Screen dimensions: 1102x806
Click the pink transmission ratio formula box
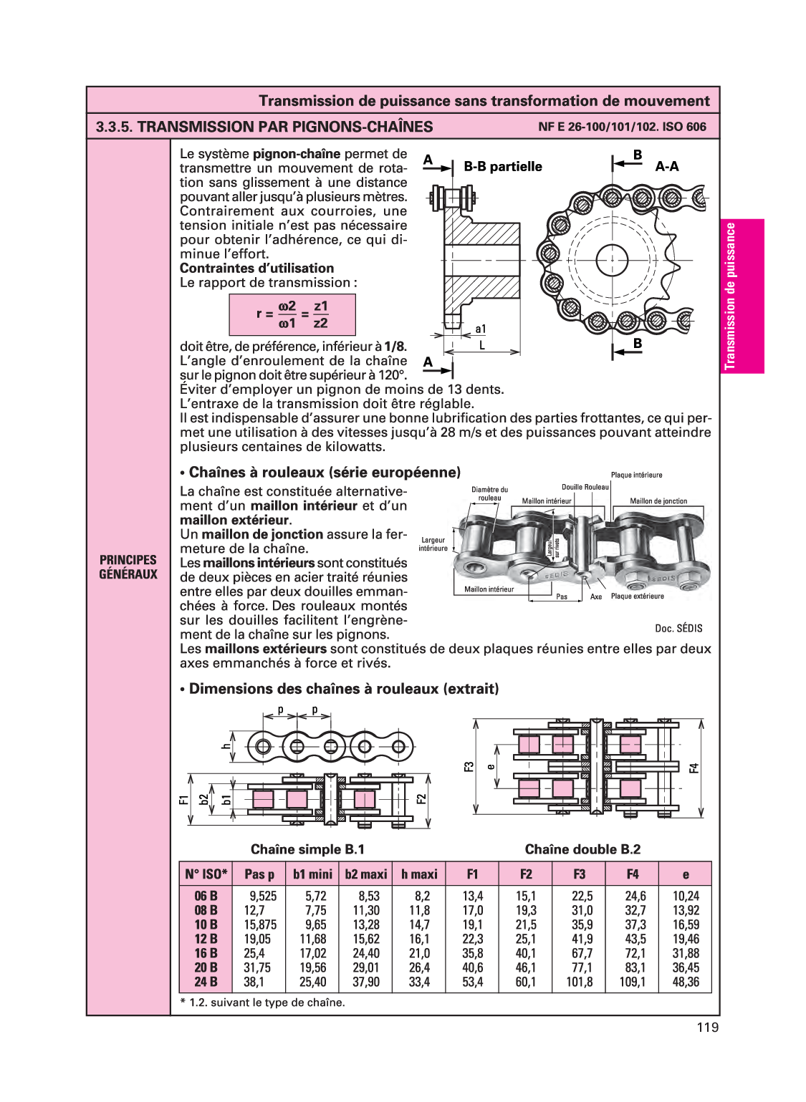coord(292,315)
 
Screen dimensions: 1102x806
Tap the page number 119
coord(706,1028)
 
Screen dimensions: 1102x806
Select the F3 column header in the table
coord(579,874)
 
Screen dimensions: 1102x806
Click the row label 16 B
coord(206,953)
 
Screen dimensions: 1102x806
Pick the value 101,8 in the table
coord(579,982)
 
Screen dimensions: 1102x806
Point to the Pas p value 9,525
coord(262,896)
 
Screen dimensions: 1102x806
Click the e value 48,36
coord(686,982)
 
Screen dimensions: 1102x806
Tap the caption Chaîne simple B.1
coord(307,849)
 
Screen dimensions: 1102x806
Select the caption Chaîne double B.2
coord(582,849)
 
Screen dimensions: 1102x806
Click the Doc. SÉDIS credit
coord(678,628)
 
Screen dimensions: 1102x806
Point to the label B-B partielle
coord(503,167)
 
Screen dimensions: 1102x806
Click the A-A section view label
coord(666,167)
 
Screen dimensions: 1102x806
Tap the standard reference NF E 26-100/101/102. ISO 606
coord(622,127)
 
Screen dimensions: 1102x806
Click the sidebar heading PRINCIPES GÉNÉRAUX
coord(128,567)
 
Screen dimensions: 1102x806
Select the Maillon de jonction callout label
coord(658,501)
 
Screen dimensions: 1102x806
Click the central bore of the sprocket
coord(611,259)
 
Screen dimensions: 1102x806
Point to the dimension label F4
coord(694,768)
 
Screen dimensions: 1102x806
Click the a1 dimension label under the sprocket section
coord(480,329)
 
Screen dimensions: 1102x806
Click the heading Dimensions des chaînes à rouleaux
coord(340,689)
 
